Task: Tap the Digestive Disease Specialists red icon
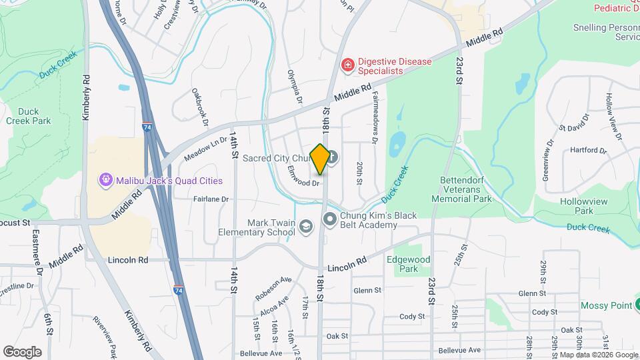[347, 65]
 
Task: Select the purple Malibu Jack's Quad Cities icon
[106, 180]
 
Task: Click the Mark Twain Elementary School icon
[306, 228]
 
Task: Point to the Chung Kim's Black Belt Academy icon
[329, 219]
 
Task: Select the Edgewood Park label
[408, 264]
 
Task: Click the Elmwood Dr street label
[304, 181]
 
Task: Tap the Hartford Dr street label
[584, 151]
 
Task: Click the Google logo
[22, 352]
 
